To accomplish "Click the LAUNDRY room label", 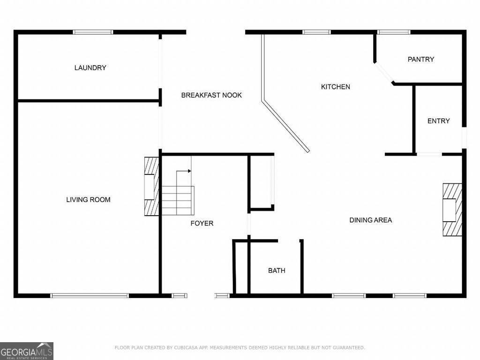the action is tap(90, 67).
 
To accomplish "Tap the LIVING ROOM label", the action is tap(88, 200).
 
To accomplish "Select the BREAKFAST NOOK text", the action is tap(211, 95).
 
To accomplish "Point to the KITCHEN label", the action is tap(336, 87).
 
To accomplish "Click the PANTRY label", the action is tap(421, 59).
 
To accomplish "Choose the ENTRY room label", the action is tap(439, 121).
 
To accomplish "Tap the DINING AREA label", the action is tap(371, 220).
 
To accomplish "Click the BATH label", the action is tap(277, 270).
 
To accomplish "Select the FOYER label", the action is tap(202, 223).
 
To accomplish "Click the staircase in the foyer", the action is tap(178, 201).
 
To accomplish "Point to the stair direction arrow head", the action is tap(190, 171).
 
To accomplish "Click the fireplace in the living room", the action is tap(151, 187).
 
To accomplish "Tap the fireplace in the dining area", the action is tap(452, 210).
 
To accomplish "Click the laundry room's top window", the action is tap(93, 32).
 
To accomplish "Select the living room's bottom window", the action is tap(90, 295).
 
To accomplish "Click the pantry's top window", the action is tap(394, 32).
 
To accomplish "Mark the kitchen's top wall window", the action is tap(316, 32).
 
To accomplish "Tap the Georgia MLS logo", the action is tap(27, 351).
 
